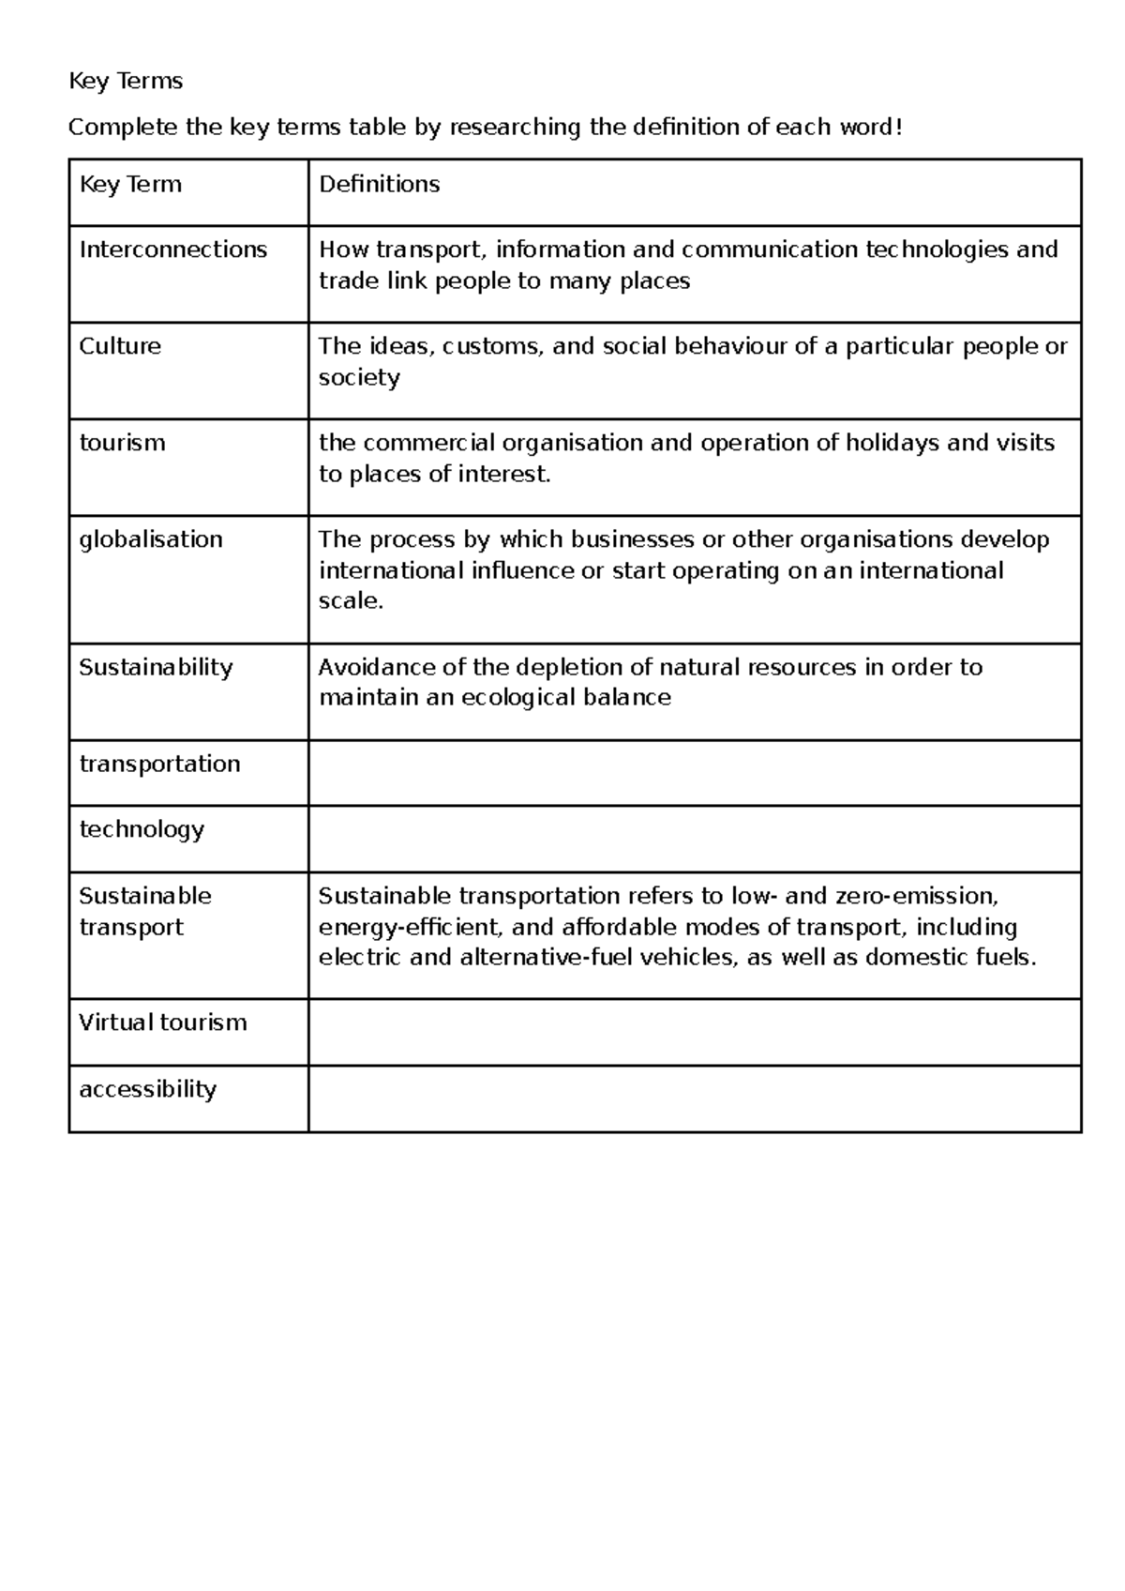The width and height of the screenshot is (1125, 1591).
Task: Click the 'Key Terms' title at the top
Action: coord(126,82)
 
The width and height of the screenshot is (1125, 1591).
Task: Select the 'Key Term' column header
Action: coord(130,185)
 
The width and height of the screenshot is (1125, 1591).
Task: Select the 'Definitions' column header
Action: coord(379,185)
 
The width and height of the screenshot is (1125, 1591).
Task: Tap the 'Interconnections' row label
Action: coord(173,250)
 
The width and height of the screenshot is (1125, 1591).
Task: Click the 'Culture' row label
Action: coord(120,346)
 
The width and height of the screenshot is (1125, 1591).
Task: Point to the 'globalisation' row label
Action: coord(151,539)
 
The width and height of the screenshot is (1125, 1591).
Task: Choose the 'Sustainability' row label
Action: coord(156,667)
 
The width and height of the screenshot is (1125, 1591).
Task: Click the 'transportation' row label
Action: coord(159,764)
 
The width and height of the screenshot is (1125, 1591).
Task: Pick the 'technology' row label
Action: coord(142,829)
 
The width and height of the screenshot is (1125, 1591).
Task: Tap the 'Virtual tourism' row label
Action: coord(162,1023)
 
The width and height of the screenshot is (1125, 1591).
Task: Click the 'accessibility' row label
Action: coord(147,1089)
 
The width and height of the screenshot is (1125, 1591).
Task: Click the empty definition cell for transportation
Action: coord(694,773)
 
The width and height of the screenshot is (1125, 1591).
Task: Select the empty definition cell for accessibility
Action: coord(694,1099)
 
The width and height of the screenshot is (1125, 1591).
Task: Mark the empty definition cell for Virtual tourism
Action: coord(694,1032)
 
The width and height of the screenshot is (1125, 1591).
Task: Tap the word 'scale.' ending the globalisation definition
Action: coord(352,601)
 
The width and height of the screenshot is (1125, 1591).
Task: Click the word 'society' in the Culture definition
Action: coord(359,377)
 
